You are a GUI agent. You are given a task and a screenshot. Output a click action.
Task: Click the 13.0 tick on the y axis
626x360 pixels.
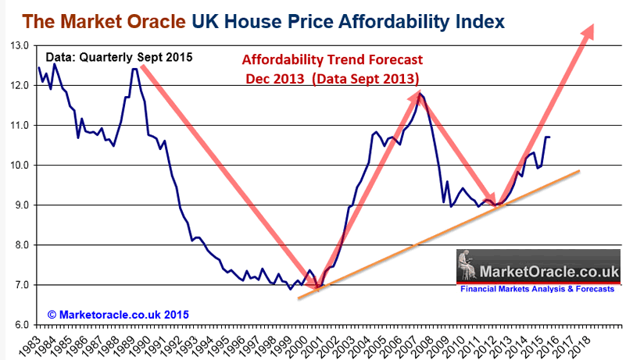tap(18, 45)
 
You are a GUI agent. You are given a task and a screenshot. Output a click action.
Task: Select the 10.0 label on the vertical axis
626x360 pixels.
tap(18, 165)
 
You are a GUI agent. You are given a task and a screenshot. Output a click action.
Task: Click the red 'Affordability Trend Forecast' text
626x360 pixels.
tap(331, 60)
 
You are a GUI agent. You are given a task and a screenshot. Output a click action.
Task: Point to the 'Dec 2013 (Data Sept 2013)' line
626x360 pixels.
tap(331, 78)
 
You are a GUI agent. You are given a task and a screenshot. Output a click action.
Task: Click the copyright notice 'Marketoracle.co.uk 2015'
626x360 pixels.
tap(118, 313)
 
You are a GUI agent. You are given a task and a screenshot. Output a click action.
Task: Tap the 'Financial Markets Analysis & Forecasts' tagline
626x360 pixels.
tap(539, 288)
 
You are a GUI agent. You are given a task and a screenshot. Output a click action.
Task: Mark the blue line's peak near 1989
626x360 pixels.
tap(135, 69)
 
